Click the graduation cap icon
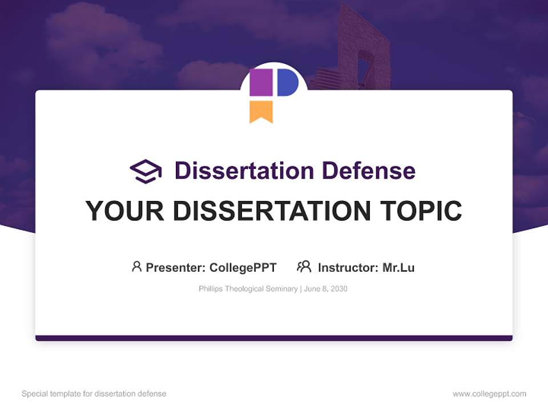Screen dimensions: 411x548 point(146,171)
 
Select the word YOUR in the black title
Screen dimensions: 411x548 point(125,211)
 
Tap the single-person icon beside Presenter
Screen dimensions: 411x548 point(136,267)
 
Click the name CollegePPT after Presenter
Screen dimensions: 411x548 point(243,267)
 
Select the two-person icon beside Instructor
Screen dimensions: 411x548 point(304,267)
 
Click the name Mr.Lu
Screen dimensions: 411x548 point(398,267)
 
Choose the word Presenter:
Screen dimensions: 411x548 point(176,267)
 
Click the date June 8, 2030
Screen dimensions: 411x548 point(325,289)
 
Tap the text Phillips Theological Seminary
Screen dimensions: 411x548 point(248,289)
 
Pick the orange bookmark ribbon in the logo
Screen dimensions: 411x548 point(261,111)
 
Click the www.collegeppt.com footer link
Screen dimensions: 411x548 point(489,394)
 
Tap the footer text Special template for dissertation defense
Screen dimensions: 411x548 point(94,394)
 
